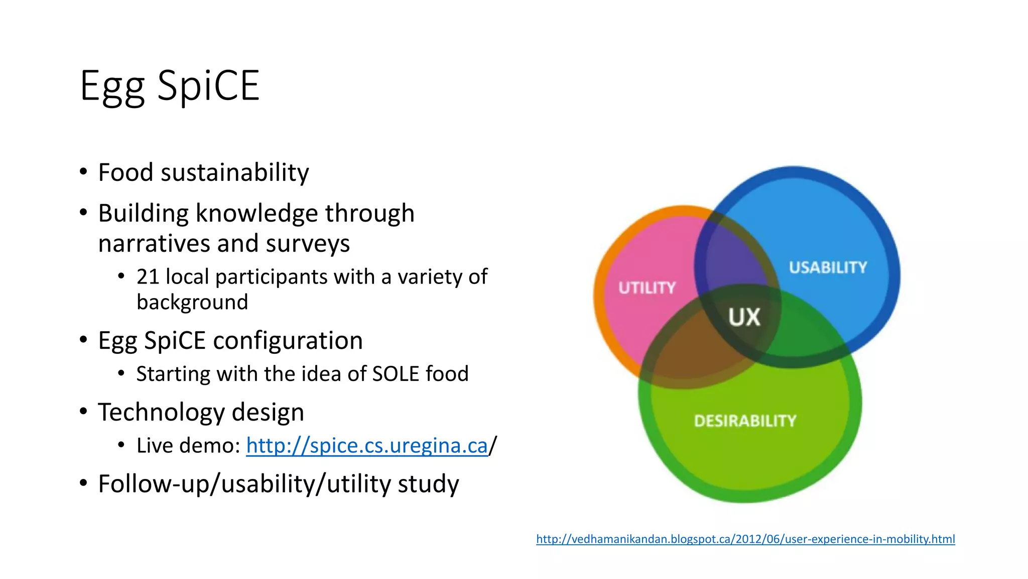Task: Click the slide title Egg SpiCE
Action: [x=170, y=86]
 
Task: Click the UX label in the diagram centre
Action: [x=744, y=317]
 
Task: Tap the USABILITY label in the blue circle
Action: [x=828, y=267]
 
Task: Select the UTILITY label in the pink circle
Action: [x=647, y=288]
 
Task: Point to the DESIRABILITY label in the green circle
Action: [x=745, y=421]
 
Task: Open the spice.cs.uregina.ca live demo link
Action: [x=366, y=446]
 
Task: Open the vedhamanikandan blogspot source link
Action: [x=745, y=539]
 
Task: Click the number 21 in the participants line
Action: [x=148, y=277]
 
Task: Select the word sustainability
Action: [x=234, y=173]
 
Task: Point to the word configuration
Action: [x=288, y=341]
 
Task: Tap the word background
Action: [x=192, y=303]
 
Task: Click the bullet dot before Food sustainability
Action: [x=83, y=172]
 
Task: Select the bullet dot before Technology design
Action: [x=83, y=412]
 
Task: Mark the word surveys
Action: [x=308, y=244]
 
